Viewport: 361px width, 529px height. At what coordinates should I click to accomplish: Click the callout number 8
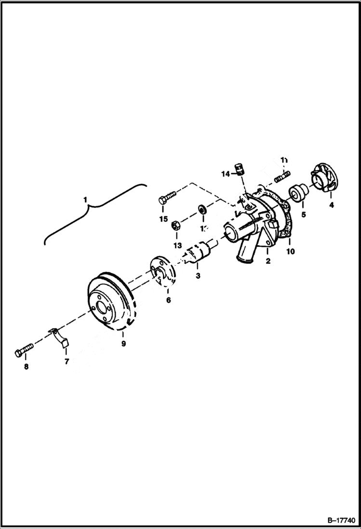tap(26, 366)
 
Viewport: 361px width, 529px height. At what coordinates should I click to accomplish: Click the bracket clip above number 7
tap(61, 336)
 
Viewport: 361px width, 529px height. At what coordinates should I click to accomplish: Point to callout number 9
tap(123, 343)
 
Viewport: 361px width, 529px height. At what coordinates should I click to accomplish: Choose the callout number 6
tap(168, 300)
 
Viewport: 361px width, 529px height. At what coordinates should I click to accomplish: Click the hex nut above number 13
tap(176, 224)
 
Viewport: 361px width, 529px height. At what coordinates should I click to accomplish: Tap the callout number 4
tap(331, 205)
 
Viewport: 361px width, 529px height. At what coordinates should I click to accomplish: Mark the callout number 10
tap(290, 251)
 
